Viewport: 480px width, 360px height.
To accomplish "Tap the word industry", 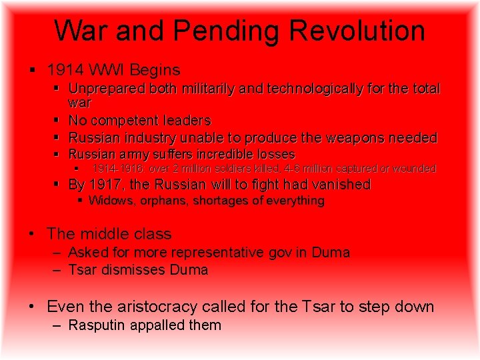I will [138, 138].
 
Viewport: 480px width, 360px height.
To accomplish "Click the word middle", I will [103, 234].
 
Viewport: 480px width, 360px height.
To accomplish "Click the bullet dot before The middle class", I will [31, 234].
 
